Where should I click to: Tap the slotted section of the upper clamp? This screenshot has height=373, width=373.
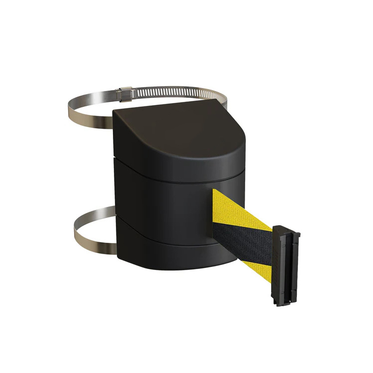click(x=169, y=93)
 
